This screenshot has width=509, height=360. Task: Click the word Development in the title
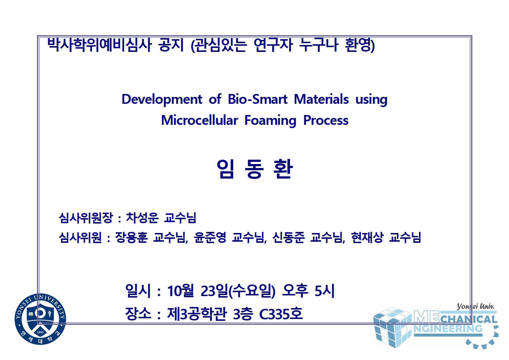pyautogui.click(x=162, y=99)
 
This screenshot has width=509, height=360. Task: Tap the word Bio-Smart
pyautogui.click(x=258, y=99)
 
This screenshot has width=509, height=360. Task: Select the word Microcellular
pyautogui.click(x=200, y=120)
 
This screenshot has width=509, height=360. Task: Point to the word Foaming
pyautogui.click(x=270, y=121)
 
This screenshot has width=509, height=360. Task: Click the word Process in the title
pyautogui.click(x=326, y=120)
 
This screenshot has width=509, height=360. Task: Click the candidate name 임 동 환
pyautogui.click(x=255, y=169)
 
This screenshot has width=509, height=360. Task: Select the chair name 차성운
pyautogui.click(x=142, y=218)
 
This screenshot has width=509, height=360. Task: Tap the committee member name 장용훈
pyautogui.click(x=131, y=237)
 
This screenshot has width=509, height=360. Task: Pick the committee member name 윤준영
pyautogui.click(x=210, y=237)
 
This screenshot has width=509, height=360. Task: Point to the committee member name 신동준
pyautogui.click(x=288, y=237)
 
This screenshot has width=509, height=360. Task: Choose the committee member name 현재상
pyautogui.click(x=367, y=237)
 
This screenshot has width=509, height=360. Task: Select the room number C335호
pyautogui.click(x=281, y=314)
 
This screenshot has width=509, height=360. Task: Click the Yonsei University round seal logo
pyautogui.click(x=40, y=319)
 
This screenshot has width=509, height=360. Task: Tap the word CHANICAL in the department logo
pyautogui.click(x=469, y=319)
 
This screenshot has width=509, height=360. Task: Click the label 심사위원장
pyautogui.click(x=86, y=218)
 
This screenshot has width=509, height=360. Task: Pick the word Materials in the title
pyautogui.click(x=321, y=99)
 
